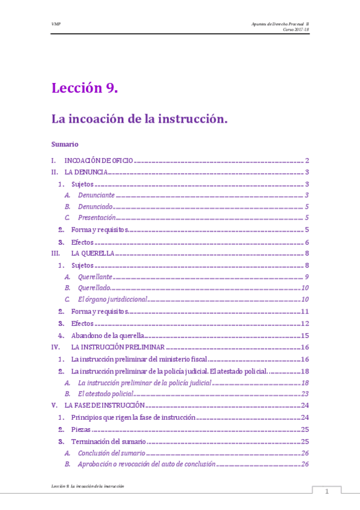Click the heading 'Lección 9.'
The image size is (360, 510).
[84, 88]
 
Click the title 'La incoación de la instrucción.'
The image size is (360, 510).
[139, 119]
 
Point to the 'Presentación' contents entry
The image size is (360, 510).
[97, 218]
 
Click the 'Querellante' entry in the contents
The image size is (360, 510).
[96, 277]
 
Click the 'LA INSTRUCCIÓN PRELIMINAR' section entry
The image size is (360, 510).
[117, 347]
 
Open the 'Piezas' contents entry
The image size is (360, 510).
[81, 429]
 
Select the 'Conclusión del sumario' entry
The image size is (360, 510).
[111, 452]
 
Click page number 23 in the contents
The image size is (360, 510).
[305, 393]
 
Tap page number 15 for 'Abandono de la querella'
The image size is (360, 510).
[305, 335]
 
